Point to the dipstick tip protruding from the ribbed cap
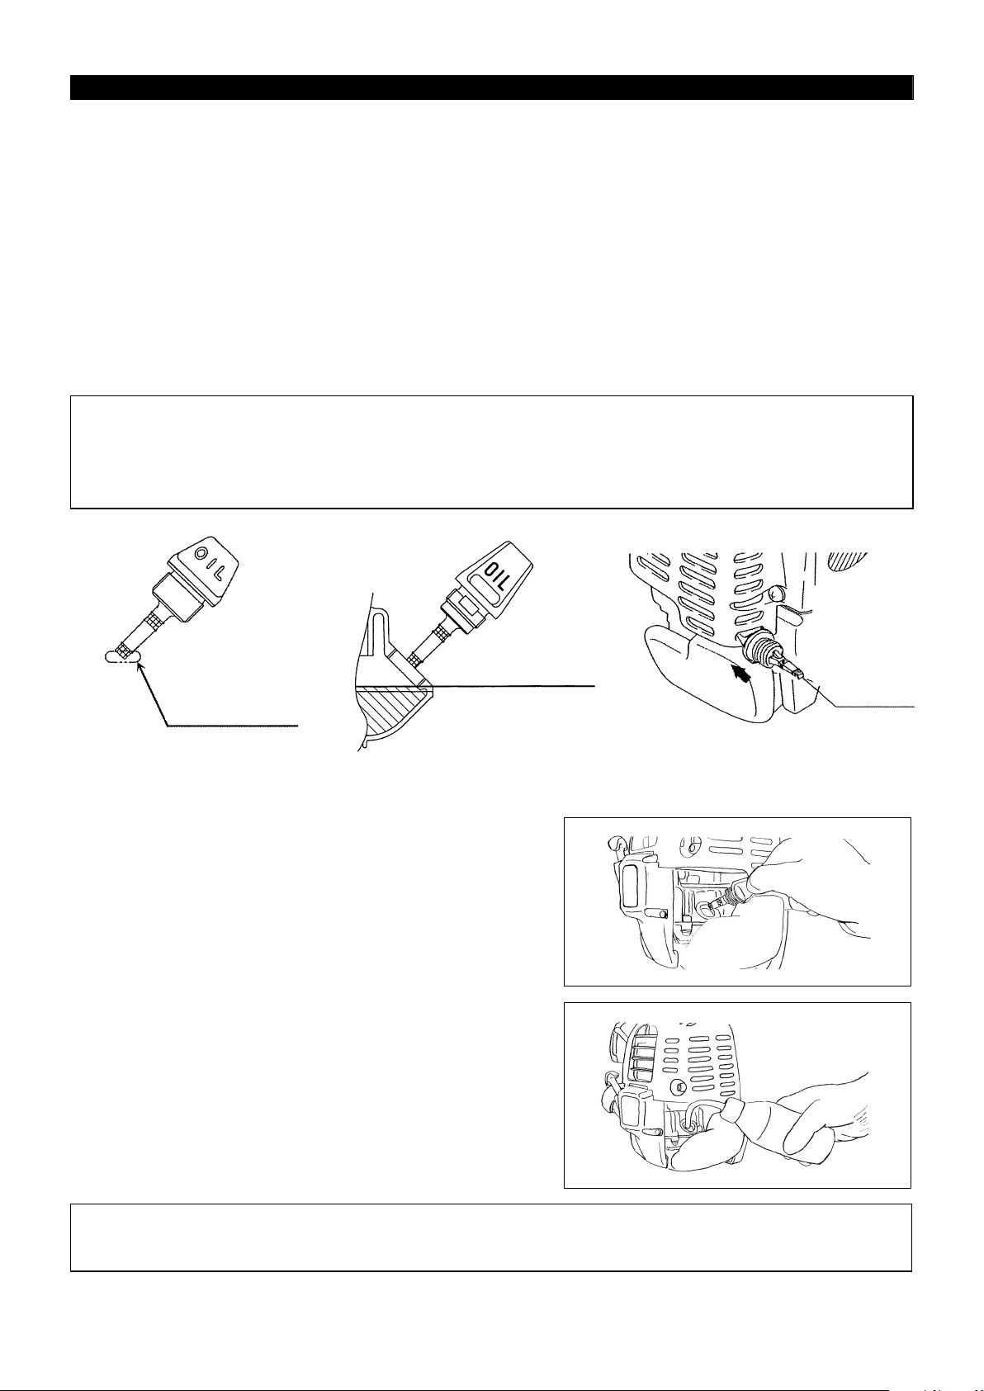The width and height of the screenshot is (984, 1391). click(x=791, y=669)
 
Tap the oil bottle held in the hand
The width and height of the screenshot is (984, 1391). click(x=752, y=1124)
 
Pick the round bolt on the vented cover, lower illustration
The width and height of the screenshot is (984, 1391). click(x=681, y=1087)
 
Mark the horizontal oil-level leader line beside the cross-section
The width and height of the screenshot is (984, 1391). click(x=509, y=685)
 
